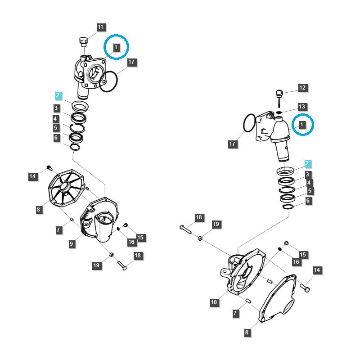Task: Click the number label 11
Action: (100, 27)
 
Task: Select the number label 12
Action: (302, 88)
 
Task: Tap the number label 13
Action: (302, 107)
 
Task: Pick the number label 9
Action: (72, 243)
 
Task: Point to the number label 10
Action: (215, 302)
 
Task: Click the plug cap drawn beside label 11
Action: (83, 41)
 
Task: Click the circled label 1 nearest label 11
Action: (116, 47)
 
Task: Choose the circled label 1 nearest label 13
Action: (302, 125)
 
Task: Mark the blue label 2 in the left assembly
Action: (58, 95)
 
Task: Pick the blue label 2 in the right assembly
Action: (307, 163)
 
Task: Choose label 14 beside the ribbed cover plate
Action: (32, 176)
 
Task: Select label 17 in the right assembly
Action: (233, 144)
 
